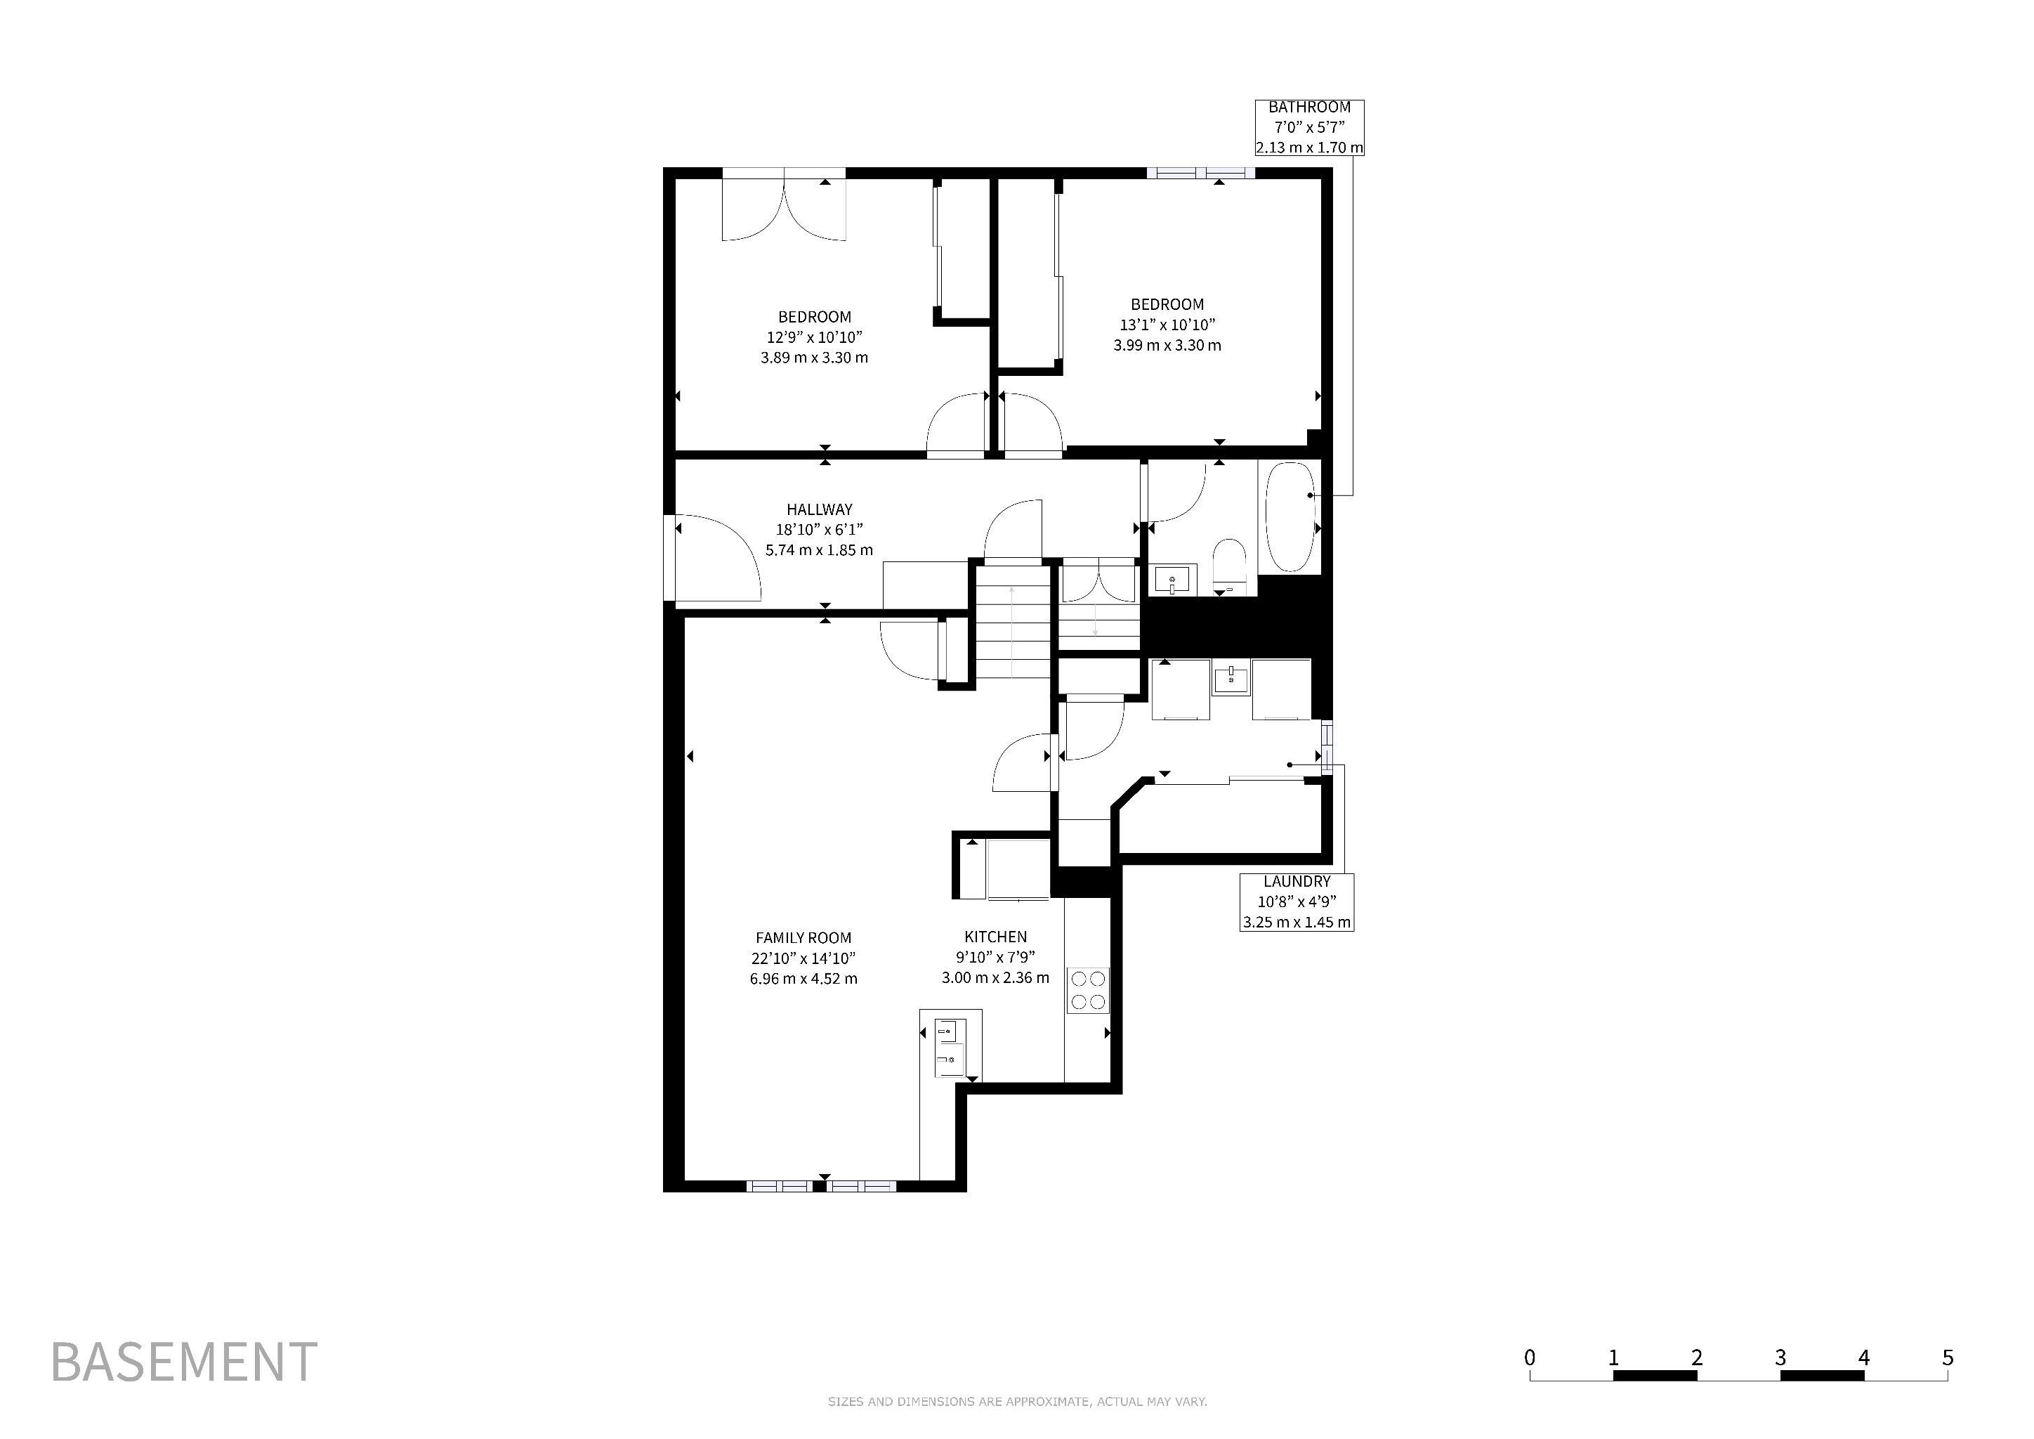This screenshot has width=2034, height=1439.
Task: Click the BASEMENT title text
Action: tap(184, 1362)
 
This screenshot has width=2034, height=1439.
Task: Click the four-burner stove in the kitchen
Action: tap(1088, 990)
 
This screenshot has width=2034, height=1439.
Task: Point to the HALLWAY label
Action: tap(820, 509)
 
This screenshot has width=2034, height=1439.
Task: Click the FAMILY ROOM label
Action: tap(803, 937)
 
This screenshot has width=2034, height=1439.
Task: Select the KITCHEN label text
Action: tap(996, 937)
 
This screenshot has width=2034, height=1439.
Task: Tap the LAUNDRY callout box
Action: tap(1297, 902)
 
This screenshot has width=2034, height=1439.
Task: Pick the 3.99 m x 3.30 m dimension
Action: tap(1167, 346)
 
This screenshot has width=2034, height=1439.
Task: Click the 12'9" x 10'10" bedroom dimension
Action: tap(815, 337)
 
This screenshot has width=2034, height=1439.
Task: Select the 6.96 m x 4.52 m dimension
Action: tap(803, 979)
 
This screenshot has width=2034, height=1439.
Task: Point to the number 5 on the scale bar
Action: tap(1948, 1357)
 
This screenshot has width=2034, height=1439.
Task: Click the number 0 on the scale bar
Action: tap(1530, 1357)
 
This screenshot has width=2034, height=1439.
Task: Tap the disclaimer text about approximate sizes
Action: tap(1017, 1402)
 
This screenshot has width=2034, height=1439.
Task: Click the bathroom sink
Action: tap(1175, 580)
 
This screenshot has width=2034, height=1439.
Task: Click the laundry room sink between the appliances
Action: tap(1231, 679)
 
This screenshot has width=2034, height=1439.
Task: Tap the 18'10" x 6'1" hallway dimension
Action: tap(820, 530)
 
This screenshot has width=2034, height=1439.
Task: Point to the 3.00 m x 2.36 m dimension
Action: tap(996, 978)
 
